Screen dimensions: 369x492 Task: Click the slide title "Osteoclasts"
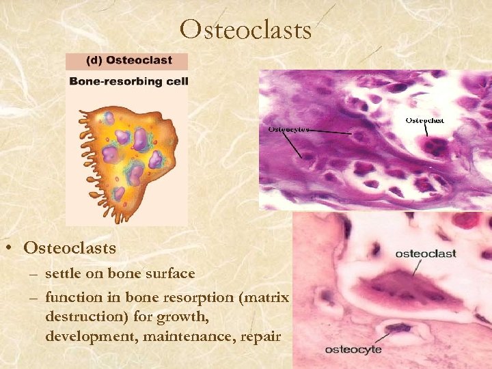pyautogui.click(x=246, y=29)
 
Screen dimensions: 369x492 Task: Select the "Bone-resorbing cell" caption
pyautogui.click(x=128, y=81)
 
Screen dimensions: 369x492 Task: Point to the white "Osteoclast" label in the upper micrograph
pyautogui.click(x=424, y=120)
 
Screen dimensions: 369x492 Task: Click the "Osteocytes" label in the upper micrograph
pyautogui.click(x=289, y=128)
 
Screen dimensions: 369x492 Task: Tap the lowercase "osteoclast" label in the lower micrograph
pyautogui.click(x=425, y=254)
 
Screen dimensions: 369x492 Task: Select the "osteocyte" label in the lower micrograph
pyautogui.click(x=353, y=349)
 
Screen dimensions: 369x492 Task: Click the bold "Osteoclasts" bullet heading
pyautogui.click(x=70, y=247)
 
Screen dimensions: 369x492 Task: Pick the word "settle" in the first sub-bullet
pyautogui.click(x=61, y=273)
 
